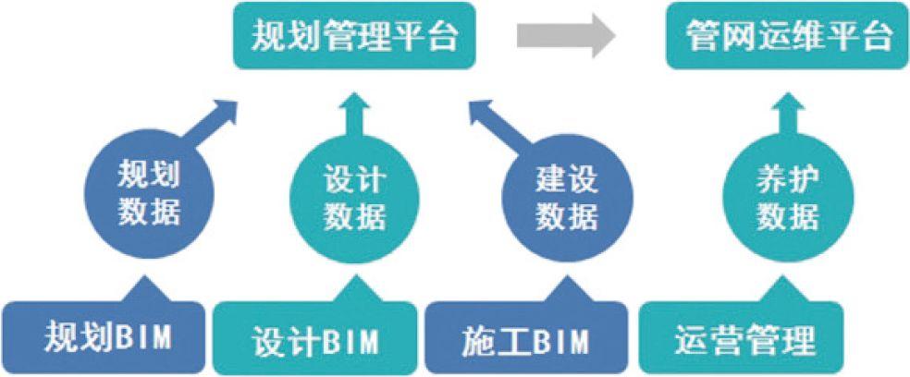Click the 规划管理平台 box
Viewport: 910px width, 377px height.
356,37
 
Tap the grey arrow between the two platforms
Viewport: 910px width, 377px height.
566,37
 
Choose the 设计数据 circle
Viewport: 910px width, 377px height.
354,195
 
